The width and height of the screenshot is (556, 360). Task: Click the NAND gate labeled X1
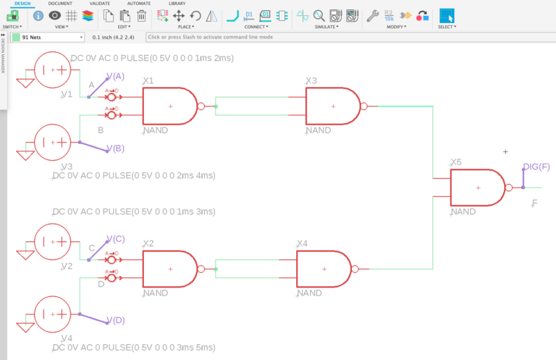[170, 106]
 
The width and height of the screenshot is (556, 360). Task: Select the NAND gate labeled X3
[333, 106]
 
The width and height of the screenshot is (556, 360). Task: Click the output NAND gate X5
[478, 188]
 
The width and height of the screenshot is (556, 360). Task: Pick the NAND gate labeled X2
[170, 269]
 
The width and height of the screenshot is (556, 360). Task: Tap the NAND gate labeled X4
[324, 269]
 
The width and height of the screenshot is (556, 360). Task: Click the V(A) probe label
[116, 76]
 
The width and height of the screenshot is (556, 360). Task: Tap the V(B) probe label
[116, 148]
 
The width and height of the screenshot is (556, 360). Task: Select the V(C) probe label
[116, 239]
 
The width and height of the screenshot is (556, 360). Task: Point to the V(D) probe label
[116, 321]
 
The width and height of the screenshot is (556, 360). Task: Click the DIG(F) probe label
[536, 167]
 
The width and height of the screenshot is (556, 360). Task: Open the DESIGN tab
[22, 4]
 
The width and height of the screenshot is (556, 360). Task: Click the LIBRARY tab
[177, 4]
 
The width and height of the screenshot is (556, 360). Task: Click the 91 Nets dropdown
[48, 37]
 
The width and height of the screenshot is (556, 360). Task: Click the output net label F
[534, 204]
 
